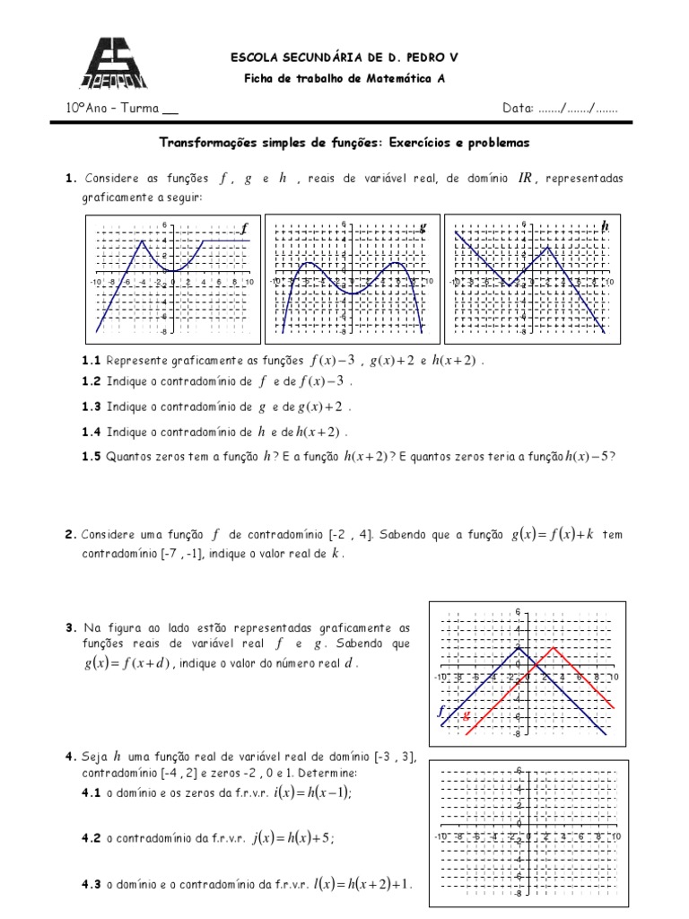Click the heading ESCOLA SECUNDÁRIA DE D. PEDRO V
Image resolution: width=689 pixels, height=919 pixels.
(344, 57)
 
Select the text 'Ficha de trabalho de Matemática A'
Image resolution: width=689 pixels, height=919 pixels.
(344, 78)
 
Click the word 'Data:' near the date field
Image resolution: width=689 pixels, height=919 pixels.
(518, 109)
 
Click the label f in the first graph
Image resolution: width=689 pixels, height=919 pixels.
(243, 229)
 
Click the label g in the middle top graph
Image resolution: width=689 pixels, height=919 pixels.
(423, 228)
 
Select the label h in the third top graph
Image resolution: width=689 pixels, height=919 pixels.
(605, 227)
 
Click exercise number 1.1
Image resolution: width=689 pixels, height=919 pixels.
(91, 361)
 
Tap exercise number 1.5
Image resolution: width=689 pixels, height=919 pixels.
(91, 456)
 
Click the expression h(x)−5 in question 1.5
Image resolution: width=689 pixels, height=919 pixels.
(589, 456)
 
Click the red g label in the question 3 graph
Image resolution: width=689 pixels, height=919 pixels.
(466, 715)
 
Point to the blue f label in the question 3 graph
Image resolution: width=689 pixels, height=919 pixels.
(441, 711)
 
